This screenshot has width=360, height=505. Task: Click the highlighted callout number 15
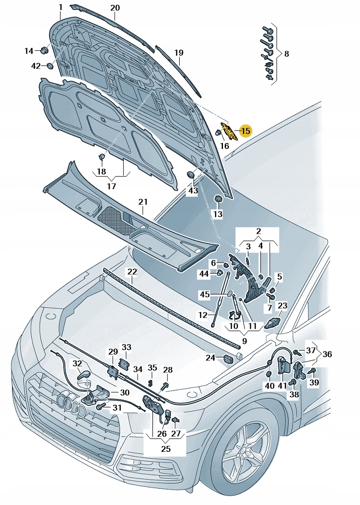(245, 131)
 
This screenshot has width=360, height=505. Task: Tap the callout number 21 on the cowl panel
(143, 202)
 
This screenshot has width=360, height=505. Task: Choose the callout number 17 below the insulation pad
(111, 186)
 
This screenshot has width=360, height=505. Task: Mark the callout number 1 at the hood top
(60, 7)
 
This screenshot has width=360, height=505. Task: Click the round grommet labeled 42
(50, 66)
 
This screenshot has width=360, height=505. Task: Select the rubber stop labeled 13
(217, 199)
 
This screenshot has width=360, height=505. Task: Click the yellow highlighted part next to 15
(229, 132)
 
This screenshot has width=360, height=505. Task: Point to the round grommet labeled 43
(190, 175)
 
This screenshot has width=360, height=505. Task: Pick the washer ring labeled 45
(230, 294)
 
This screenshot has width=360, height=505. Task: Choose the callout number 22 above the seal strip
(132, 272)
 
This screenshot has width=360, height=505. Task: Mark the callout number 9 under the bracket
(244, 342)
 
